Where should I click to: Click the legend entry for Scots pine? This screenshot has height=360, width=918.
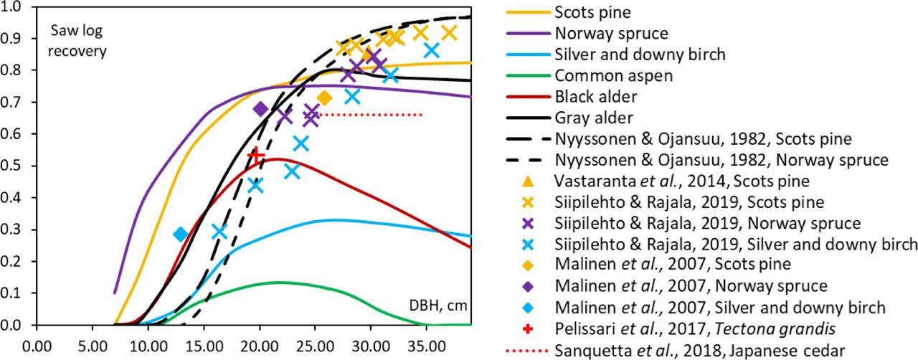click(587, 12)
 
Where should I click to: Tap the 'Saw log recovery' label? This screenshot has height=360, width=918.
click(78, 41)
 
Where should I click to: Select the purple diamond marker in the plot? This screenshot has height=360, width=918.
click(261, 109)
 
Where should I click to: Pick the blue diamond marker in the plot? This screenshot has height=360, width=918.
click(181, 235)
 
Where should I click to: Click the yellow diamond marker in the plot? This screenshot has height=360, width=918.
click(324, 98)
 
